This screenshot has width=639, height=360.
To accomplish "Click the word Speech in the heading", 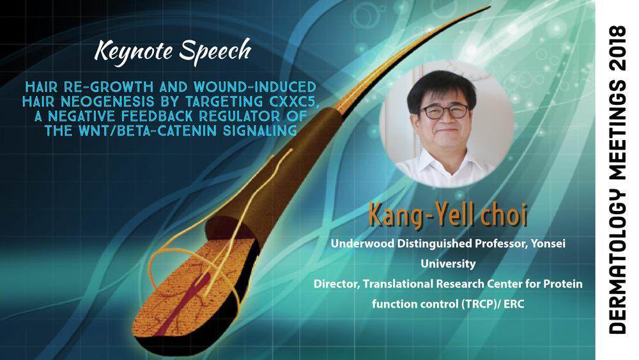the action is (215, 52).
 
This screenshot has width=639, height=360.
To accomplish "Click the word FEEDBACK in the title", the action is (157, 116).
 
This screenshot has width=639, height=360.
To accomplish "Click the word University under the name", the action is (448, 264).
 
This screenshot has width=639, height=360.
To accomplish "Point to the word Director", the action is (337, 284).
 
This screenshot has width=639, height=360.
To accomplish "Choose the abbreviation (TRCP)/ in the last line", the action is (481, 304).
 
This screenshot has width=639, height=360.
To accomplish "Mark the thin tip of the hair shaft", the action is (488, 7).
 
